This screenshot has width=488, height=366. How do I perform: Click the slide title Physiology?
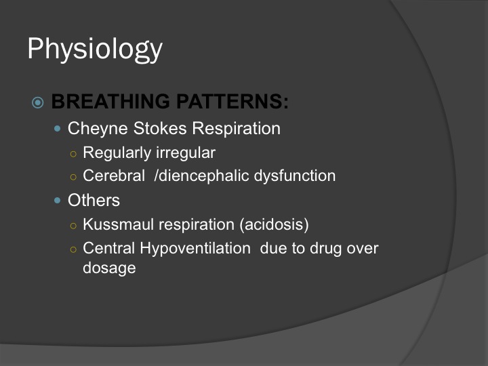pyautogui.click(x=95, y=49)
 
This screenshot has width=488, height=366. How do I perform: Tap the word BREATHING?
pyautogui.click(x=110, y=102)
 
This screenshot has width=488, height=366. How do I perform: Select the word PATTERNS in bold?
pyautogui.click(x=232, y=102)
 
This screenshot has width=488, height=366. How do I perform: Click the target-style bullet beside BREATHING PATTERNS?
pyautogui.click(x=38, y=102)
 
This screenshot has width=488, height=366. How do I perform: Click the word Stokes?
pyautogui.click(x=160, y=128)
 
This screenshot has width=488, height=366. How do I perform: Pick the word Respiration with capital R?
pyautogui.click(x=237, y=129)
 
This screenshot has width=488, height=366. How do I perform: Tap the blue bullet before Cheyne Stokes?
pyautogui.click(x=57, y=128)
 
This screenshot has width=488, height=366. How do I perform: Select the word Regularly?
pyautogui.click(x=117, y=153)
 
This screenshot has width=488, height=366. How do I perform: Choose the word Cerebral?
pyautogui.click(x=114, y=176)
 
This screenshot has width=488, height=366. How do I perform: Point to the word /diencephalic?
pyautogui.click(x=202, y=176)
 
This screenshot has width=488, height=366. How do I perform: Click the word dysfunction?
pyautogui.click(x=295, y=176)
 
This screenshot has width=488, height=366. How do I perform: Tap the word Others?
pyautogui.click(x=94, y=200)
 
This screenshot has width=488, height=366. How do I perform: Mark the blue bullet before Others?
pyautogui.click(x=57, y=200)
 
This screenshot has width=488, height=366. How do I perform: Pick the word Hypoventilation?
pyautogui.click(x=195, y=249)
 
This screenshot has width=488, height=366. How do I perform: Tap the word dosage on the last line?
pyautogui.click(x=109, y=268)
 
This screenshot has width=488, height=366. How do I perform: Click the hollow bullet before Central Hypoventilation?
pyautogui.click(x=73, y=249)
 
